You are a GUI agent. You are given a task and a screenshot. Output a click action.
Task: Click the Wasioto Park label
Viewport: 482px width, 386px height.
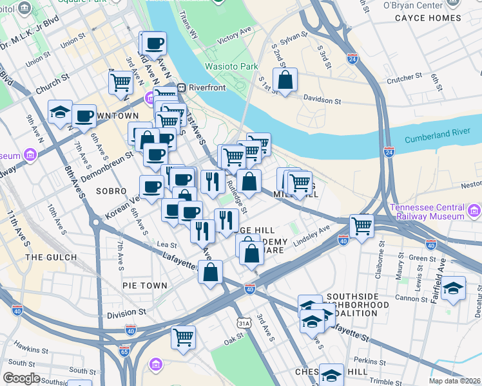coord(231,66)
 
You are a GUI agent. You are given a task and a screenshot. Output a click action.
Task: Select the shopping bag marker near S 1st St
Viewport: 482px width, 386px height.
coord(285,80)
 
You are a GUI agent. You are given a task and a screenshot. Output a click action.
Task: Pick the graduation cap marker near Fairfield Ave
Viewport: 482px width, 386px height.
coord(454,289)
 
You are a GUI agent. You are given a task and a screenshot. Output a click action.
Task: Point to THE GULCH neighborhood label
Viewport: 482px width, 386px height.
coord(51,257)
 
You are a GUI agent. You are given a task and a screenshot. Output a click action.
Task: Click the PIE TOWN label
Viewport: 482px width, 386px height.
coord(144,285)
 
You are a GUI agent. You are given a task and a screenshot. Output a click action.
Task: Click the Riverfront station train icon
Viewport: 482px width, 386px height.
coord(182,87)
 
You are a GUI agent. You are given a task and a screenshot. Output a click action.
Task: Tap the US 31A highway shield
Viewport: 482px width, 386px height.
coord(243,322)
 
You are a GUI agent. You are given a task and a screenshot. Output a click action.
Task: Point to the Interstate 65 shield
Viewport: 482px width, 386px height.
coord(124,351)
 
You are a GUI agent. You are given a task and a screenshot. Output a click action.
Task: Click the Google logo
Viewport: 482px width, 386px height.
coord(21,378)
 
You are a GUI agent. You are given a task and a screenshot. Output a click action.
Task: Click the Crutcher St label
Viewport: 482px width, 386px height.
coord(405,76)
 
